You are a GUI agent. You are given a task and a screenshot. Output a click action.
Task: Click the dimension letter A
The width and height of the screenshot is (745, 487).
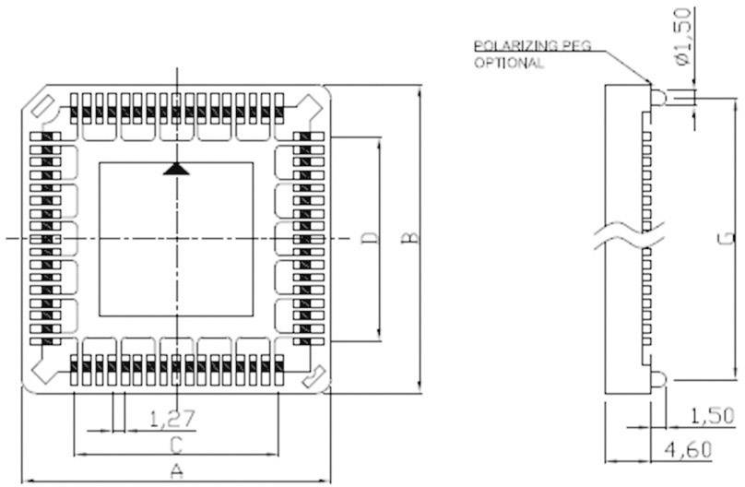pyautogui.click(x=177, y=469)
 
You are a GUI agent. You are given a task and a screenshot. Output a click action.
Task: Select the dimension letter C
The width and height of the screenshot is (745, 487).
pyautogui.click(x=175, y=445)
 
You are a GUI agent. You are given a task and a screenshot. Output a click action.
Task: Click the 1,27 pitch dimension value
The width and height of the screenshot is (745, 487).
pyautogui.click(x=172, y=420)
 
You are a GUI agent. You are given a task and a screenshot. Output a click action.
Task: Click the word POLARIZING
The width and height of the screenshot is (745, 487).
pyautogui.click(x=509, y=45)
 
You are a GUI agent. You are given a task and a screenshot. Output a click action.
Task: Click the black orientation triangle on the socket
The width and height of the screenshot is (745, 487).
pyautogui.click(x=175, y=169)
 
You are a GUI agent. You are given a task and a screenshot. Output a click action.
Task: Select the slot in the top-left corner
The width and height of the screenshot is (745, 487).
pyautogui.click(x=38, y=106)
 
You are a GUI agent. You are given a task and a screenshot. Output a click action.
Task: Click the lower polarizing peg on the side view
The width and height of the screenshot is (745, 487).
pyautogui.click(x=658, y=377)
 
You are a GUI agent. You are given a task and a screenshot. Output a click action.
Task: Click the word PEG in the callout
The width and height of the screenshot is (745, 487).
pyautogui.click(x=571, y=45)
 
